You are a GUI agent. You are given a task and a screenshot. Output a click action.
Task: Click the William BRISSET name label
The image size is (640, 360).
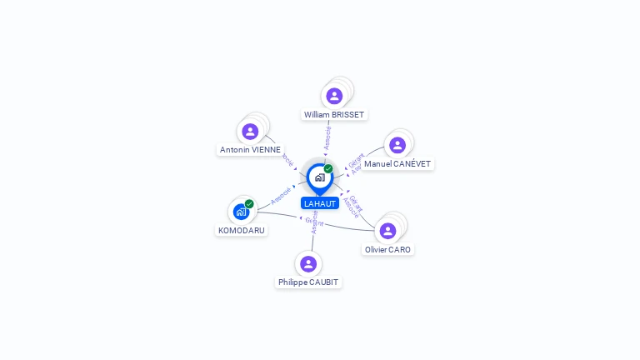[x=334, y=114]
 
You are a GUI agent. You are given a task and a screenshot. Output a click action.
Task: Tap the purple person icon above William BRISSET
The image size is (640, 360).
[x=334, y=96]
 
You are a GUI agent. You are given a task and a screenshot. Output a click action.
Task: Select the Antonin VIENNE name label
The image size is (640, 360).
[x=250, y=150]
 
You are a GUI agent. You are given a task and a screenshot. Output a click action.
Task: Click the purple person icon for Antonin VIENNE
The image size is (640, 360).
[x=250, y=131]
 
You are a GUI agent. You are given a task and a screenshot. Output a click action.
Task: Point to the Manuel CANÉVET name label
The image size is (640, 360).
[x=397, y=164]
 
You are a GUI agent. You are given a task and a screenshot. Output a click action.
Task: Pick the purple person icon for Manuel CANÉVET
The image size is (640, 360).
[x=397, y=145]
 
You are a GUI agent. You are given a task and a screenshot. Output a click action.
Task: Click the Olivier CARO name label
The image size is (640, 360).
[x=387, y=249]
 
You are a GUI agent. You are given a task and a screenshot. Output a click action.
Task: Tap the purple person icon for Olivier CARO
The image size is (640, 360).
[x=387, y=231]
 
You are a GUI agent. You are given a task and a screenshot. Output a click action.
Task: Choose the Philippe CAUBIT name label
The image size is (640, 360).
[x=308, y=282]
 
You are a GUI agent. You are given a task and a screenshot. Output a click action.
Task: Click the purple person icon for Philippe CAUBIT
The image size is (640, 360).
[x=308, y=264]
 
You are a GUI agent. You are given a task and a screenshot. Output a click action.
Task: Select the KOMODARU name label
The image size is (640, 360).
[x=242, y=230]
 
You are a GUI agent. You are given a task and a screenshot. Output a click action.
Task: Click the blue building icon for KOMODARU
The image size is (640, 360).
[x=241, y=212]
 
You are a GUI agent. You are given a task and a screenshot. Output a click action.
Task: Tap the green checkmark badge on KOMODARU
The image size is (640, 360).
[x=249, y=204]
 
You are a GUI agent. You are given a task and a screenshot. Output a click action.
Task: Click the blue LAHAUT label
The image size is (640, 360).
[x=320, y=203]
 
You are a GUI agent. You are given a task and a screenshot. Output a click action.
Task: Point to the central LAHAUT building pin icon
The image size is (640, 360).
[x=319, y=177]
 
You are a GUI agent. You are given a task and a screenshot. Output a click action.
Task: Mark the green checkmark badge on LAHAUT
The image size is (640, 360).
[x=328, y=169]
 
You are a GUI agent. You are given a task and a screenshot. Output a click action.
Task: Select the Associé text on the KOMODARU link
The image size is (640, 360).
[x=281, y=197]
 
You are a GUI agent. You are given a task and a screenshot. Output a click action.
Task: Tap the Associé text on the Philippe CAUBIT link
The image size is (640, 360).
[x=314, y=222]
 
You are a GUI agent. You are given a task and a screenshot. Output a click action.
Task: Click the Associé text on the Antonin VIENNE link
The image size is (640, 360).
[x=288, y=157]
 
